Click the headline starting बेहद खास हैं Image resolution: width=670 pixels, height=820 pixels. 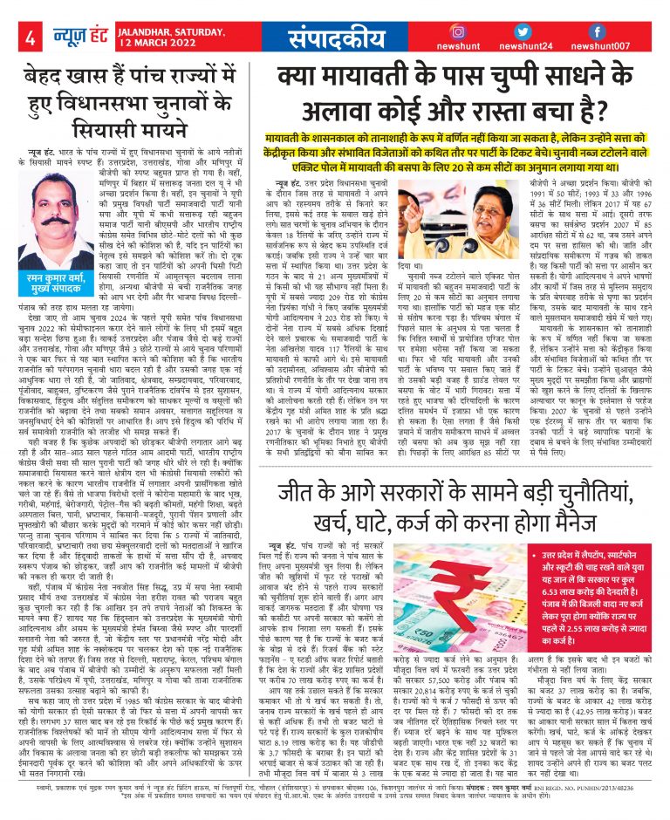[x=129, y=109]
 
